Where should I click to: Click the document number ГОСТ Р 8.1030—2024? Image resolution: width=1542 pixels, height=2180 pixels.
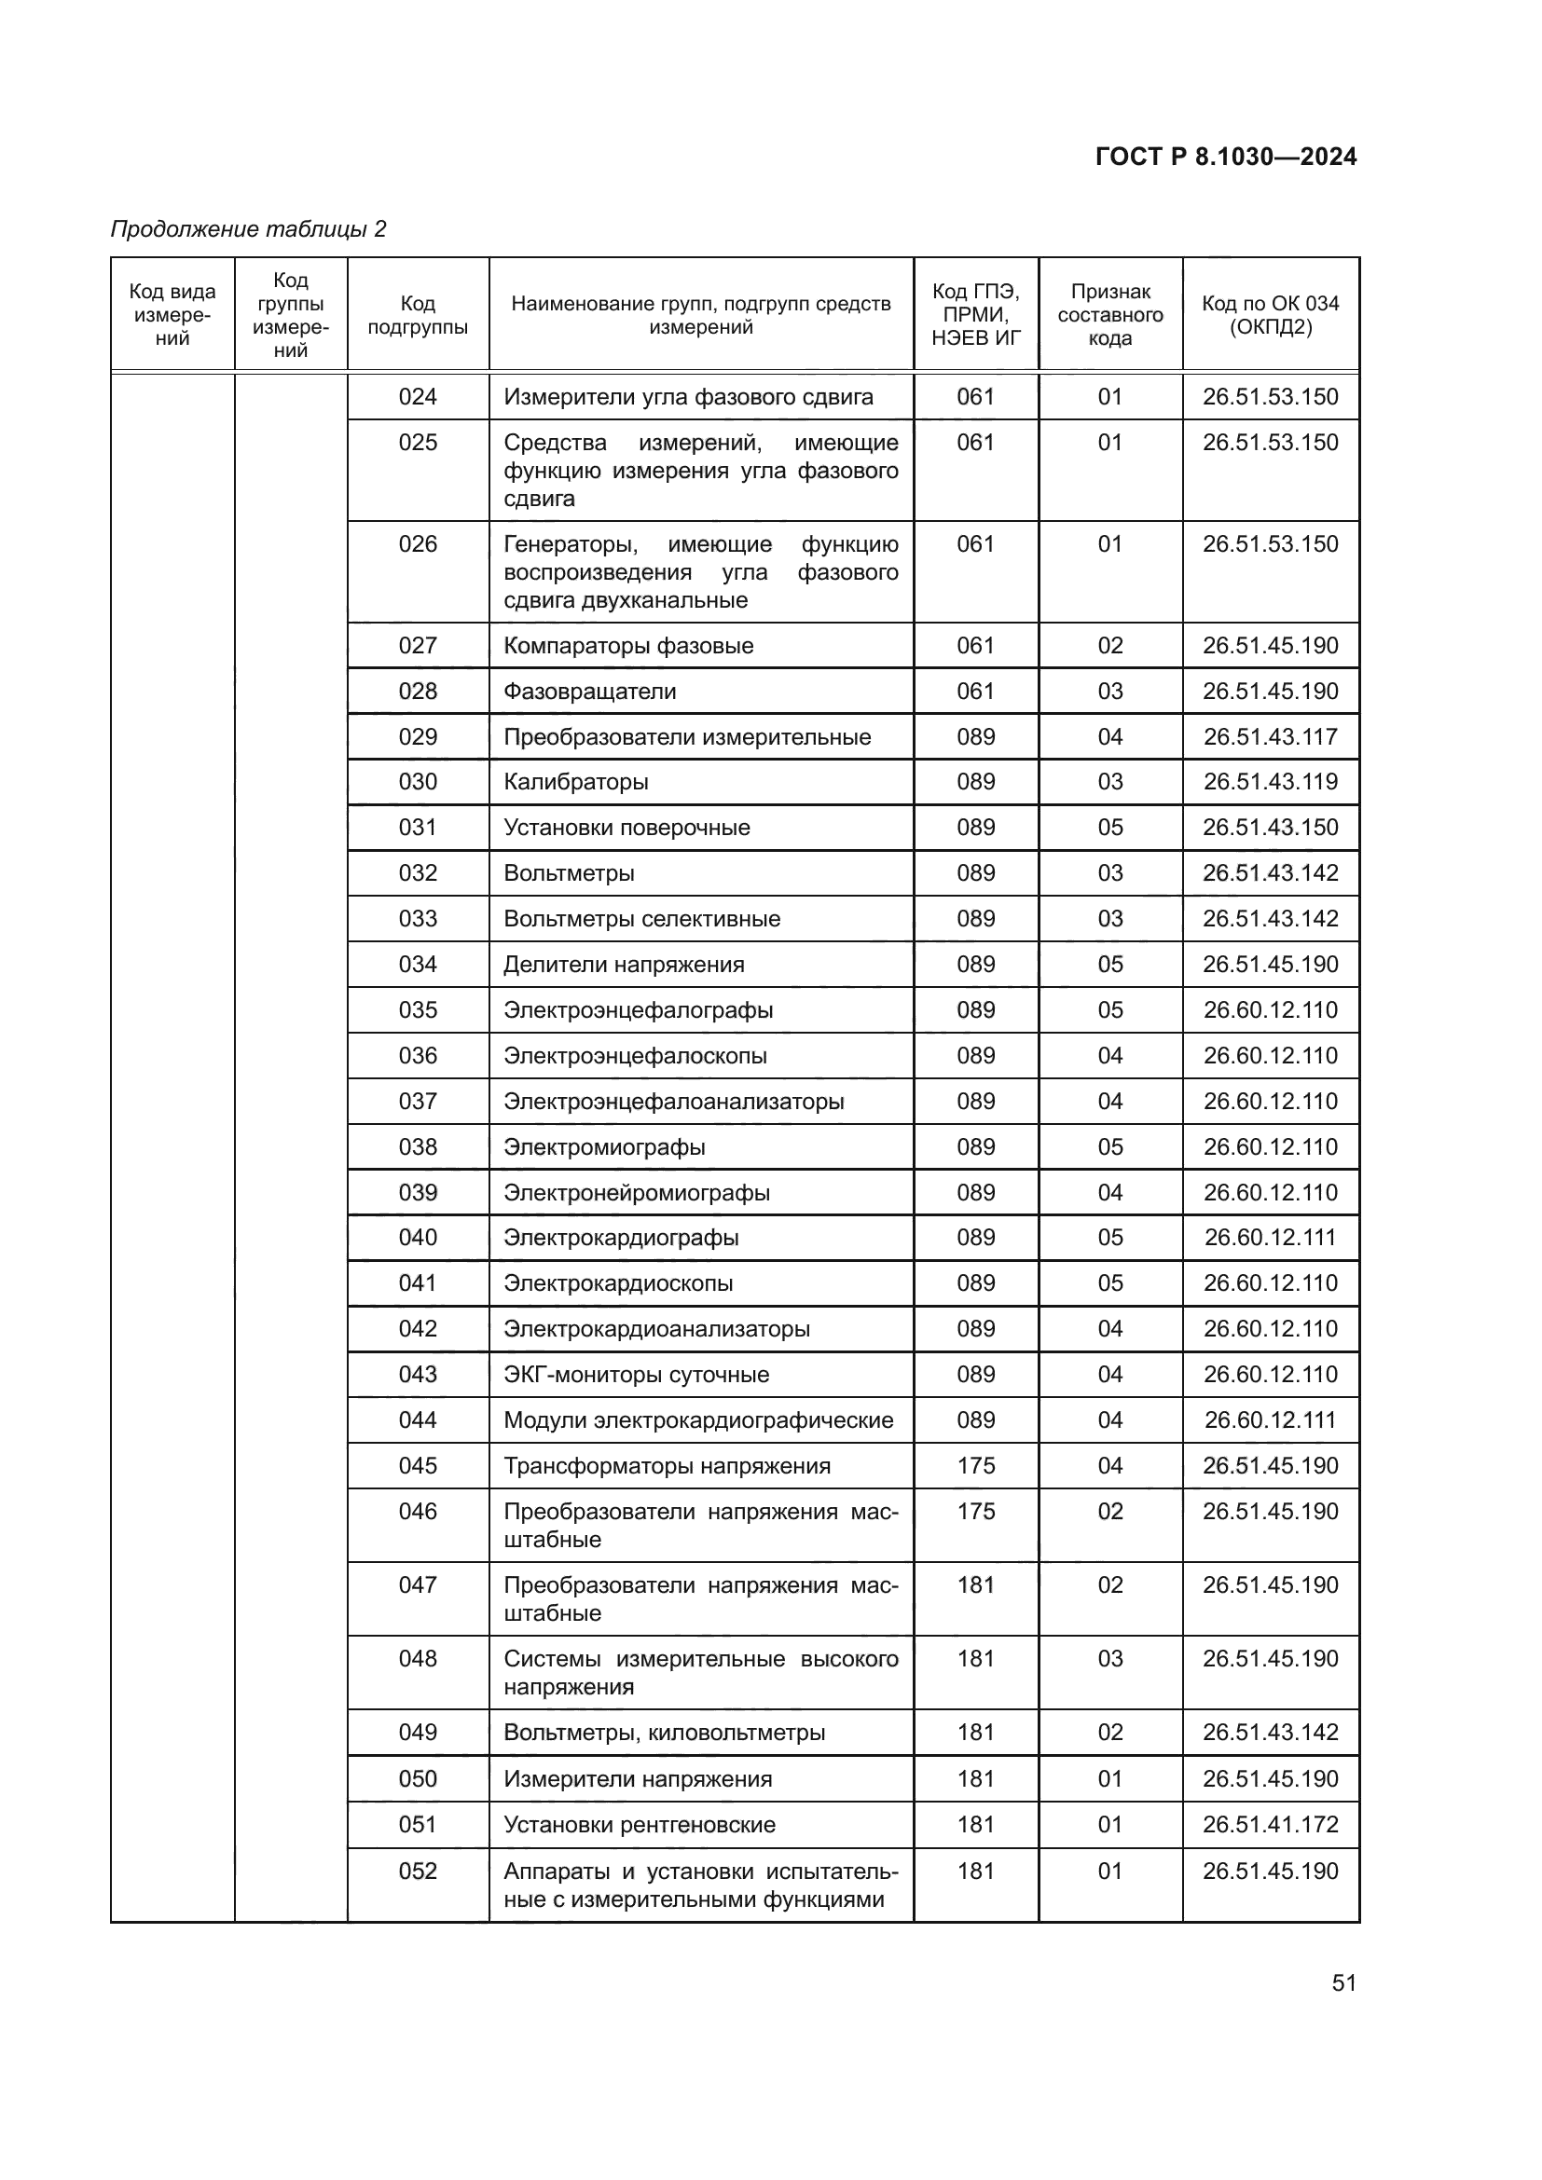pos(1226,157)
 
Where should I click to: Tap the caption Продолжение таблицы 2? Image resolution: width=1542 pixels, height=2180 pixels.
pos(249,229)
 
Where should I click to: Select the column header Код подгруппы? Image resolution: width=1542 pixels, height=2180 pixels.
pos(418,315)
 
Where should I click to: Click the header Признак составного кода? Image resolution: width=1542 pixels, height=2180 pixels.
pos(1110,315)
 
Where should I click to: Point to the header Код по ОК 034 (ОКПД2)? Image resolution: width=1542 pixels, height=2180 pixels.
pos(1270,315)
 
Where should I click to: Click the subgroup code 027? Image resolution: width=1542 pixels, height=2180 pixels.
pos(418,646)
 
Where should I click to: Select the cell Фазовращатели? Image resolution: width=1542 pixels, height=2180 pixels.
pos(589,692)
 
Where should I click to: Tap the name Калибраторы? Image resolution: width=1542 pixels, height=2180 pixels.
pos(575,782)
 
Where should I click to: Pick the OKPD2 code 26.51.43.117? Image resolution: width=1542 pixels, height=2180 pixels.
pos(1271,737)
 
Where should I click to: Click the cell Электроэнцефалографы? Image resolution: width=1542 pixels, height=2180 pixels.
pos(638,1010)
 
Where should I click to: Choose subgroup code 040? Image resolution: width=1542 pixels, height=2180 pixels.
pos(418,1238)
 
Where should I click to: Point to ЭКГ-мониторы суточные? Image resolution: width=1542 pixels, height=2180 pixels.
pos(636,1375)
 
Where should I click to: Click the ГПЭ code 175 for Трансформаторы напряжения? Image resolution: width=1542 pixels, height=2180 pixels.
pos(976,1466)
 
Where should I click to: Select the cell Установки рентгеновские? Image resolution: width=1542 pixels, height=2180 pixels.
pos(639,1825)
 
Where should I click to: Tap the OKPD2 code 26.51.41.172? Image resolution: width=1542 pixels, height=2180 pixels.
pos(1271,1825)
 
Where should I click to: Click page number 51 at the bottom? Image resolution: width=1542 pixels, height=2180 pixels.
pos(1343,1982)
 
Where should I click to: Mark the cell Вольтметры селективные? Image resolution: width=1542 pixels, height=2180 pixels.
pos(641,919)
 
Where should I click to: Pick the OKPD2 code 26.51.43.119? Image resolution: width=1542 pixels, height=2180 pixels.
pos(1271,782)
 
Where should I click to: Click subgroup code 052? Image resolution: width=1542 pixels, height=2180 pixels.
pos(418,1872)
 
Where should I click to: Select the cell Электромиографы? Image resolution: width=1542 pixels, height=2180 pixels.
pos(604,1147)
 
